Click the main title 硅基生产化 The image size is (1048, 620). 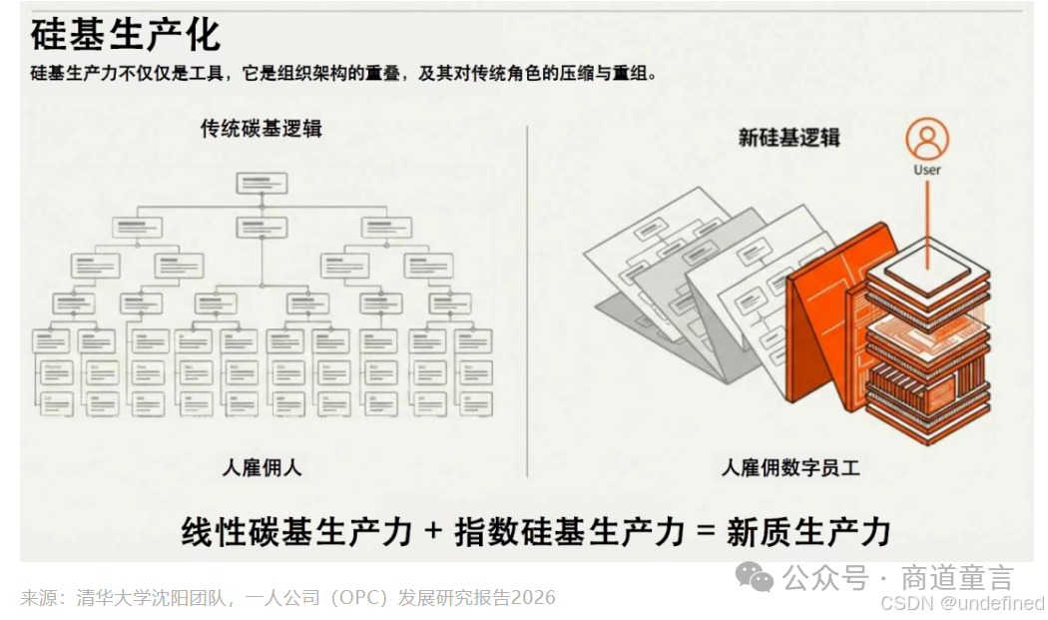click(x=125, y=35)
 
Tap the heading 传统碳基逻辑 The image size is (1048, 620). click(x=262, y=129)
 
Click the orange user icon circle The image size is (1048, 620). click(x=926, y=140)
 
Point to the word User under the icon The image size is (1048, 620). click(x=926, y=170)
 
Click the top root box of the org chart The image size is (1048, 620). click(x=262, y=184)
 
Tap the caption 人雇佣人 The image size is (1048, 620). click(x=261, y=467)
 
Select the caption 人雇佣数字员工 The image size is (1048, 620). click(x=790, y=467)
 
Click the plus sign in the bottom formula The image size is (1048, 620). click(x=432, y=531)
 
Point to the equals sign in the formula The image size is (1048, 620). click(x=707, y=531)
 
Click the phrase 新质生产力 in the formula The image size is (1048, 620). click(x=808, y=531)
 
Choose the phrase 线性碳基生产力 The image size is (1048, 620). click(x=296, y=531)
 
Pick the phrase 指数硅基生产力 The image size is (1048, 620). click(x=570, y=531)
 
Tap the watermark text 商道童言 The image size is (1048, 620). click(x=957, y=577)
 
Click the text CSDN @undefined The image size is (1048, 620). click(x=962, y=603)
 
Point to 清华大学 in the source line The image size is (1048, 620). click(x=108, y=598)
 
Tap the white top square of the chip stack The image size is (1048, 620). click(x=927, y=262)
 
